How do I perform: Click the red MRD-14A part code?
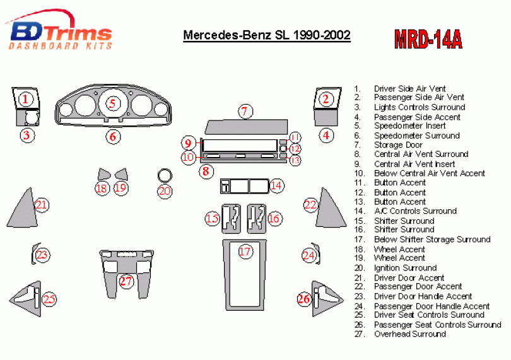click(x=428, y=40)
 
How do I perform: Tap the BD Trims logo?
click(x=59, y=30)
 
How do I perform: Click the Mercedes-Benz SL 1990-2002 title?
click(x=267, y=35)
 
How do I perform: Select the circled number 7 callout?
click(x=245, y=111)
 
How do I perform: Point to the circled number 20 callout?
click(x=165, y=191)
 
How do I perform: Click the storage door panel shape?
click(x=247, y=127)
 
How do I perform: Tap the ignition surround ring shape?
click(x=165, y=175)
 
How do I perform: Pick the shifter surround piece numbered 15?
click(x=231, y=219)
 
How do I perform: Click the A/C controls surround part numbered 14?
click(x=244, y=187)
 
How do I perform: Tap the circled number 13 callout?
click(x=295, y=160)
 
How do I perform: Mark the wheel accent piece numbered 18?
click(x=103, y=174)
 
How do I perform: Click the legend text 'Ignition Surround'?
click(x=405, y=268)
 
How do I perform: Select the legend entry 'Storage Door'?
click(x=398, y=145)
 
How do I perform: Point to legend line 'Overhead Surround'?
click(x=409, y=334)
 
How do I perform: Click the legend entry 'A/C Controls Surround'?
click(x=415, y=211)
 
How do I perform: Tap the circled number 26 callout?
click(x=304, y=299)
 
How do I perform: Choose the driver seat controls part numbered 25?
click(x=25, y=299)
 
